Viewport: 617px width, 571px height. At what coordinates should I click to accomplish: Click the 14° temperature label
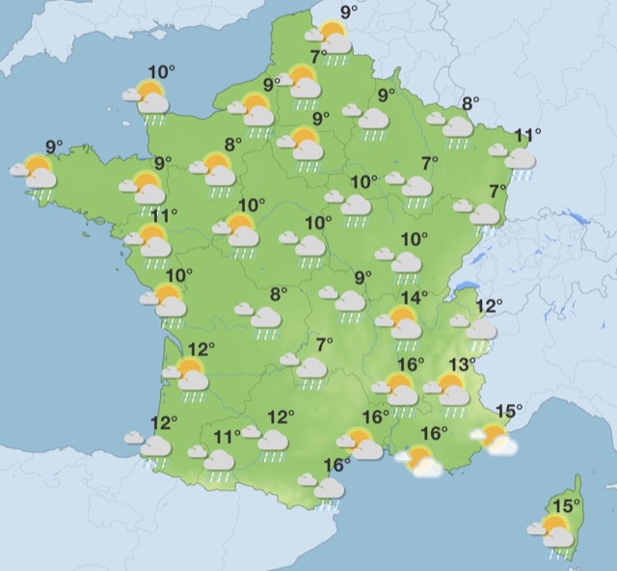pos(415,298)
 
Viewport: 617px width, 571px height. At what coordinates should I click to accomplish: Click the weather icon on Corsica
pos(553,531)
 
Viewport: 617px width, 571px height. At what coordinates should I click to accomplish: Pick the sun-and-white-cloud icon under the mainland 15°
pos(497,441)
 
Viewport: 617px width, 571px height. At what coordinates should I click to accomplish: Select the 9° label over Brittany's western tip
pos(54,147)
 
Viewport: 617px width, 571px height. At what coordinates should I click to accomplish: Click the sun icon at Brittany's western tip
pos(38,173)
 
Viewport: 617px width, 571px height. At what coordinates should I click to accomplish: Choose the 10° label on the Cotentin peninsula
pos(162,70)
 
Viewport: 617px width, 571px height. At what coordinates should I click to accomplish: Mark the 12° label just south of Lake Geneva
pos(490,307)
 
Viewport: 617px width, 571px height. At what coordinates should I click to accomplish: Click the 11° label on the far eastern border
pos(526,135)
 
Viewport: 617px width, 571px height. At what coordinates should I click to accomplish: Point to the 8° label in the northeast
pos(470,104)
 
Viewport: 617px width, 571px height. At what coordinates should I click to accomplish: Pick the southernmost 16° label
pos(336,465)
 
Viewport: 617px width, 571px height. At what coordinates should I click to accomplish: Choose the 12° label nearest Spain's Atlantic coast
pos(165,422)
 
